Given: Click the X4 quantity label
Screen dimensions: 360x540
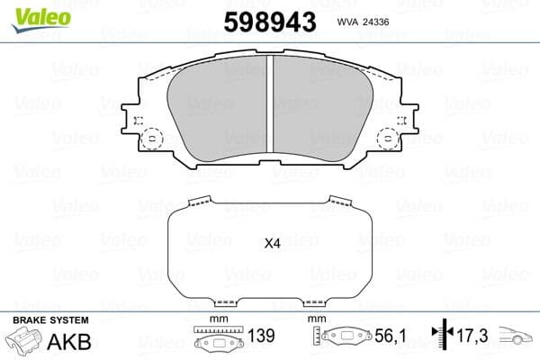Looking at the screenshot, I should click(x=272, y=242).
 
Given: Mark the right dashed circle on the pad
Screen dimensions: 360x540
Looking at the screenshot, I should click(x=390, y=139).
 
